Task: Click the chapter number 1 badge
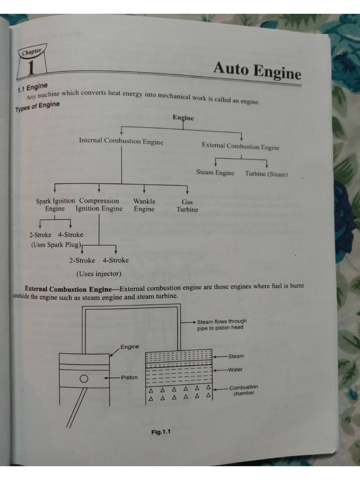[x=31, y=66]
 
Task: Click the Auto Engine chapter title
[x=257, y=70]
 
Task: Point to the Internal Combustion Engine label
[x=121, y=141]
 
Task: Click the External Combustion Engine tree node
[x=240, y=146]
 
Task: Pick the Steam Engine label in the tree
[x=215, y=172]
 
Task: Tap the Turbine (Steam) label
[x=266, y=174]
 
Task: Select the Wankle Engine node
[x=144, y=205]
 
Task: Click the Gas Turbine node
[x=187, y=206]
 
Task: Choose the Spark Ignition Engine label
[x=55, y=205]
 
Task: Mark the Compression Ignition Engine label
[x=99, y=205]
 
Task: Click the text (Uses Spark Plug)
[x=56, y=245]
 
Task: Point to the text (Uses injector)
[x=99, y=273]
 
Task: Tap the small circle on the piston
[x=84, y=378]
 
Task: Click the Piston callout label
[x=129, y=377]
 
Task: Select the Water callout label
[x=235, y=369]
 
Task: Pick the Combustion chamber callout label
[x=243, y=390]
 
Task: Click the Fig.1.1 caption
[x=161, y=432]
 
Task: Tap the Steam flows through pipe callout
[x=222, y=324]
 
